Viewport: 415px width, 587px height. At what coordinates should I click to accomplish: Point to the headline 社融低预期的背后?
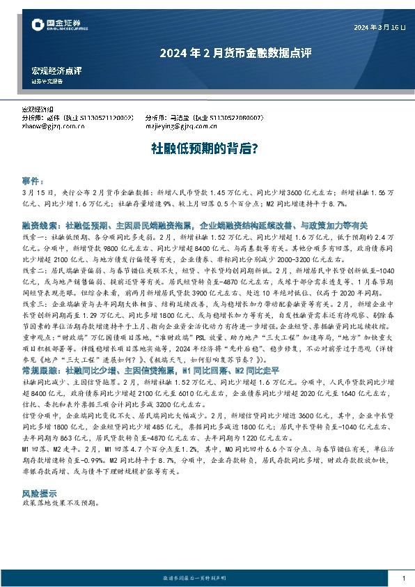point(206,148)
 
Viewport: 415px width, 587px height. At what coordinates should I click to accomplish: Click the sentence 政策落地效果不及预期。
point(62,503)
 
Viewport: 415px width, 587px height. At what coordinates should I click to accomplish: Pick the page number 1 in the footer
point(404,579)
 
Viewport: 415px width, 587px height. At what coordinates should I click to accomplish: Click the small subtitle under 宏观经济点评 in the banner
point(47,82)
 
